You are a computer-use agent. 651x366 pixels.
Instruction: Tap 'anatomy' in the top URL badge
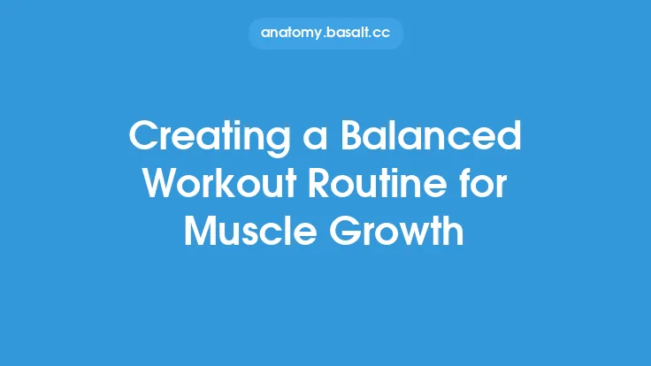pos(292,33)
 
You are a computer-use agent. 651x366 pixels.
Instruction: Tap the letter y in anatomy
pos(318,34)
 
